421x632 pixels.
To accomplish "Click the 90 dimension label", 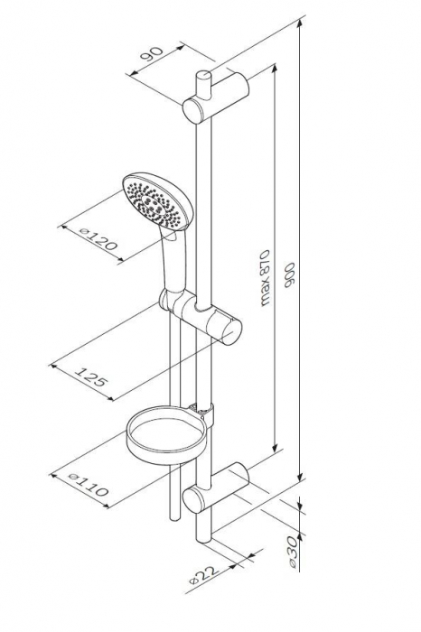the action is click(x=152, y=54).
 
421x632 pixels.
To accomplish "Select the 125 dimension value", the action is click(x=91, y=376).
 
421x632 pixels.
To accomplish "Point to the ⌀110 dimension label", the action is click(x=89, y=484).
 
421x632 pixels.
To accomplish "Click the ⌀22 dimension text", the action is click(x=204, y=574).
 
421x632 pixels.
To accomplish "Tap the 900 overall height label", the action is click(x=289, y=274).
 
